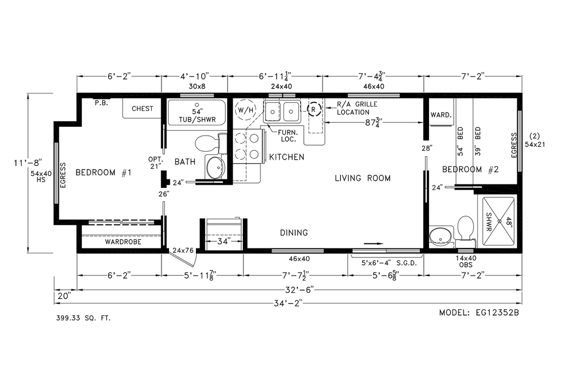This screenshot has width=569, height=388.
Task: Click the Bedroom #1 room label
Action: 103,173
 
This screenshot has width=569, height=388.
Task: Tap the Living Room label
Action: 363,178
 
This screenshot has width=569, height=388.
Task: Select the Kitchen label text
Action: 287,157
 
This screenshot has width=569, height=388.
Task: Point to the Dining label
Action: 294,233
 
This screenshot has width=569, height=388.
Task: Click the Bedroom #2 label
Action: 468,169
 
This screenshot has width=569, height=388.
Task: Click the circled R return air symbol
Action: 313,109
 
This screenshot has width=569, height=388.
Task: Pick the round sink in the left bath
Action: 215,167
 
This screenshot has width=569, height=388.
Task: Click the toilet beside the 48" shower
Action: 465,227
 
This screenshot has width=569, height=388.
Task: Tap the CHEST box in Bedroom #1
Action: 142,109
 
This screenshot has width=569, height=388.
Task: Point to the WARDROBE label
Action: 123,242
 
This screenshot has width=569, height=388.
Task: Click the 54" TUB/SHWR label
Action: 197,116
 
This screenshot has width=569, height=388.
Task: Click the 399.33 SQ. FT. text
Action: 83,318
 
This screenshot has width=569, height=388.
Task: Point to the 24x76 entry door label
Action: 183,250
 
